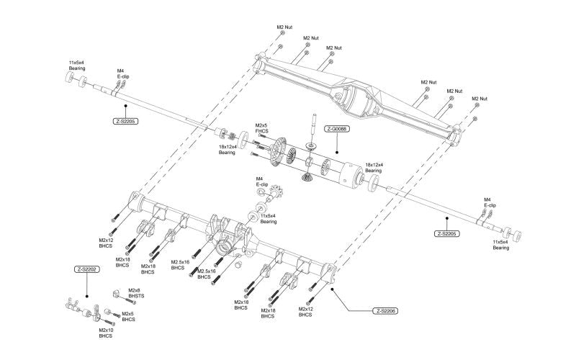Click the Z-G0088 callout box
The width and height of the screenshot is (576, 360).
(x=338, y=129)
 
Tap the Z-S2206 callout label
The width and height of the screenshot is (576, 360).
(x=387, y=311)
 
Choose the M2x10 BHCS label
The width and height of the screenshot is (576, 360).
(x=106, y=333)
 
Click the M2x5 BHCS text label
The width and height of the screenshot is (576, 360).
(x=128, y=316)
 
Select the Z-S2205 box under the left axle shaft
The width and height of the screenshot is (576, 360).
(x=125, y=122)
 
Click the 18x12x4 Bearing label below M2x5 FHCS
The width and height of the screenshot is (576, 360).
(x=227, y=150)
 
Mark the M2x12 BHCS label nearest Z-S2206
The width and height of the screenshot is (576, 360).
(x=305, y=312)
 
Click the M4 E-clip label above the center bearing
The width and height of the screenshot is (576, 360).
(x=261, y=182)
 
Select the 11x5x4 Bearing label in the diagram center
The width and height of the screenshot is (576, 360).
(x=269, y=218)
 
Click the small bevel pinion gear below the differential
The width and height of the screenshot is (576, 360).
(x=307, y=176)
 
